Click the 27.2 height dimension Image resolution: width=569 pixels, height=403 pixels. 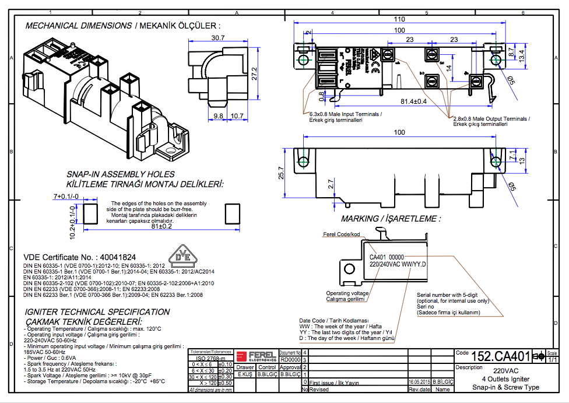254,73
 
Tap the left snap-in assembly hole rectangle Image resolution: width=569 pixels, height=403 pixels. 91,213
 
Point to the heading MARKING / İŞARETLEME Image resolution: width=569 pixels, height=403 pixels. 391,219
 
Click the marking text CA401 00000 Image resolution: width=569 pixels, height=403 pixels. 387,257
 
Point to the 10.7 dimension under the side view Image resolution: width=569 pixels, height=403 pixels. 237,116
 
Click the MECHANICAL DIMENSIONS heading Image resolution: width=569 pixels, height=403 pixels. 79,26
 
